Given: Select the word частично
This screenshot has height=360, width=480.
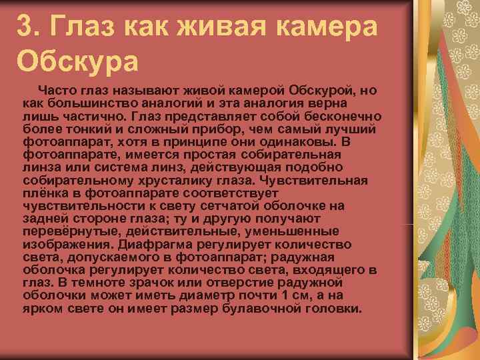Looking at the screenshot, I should [85, 117].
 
